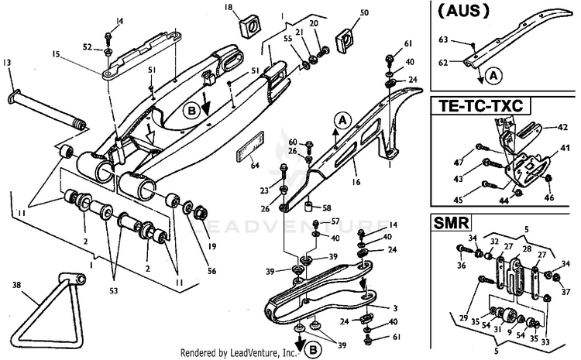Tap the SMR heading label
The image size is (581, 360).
[x=449, y=224]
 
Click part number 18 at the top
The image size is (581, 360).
[x=207, y=8]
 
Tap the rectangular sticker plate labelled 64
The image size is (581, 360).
[x=249, y=147]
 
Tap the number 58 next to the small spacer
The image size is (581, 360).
[x=325, y=208]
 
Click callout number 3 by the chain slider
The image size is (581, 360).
[x=394, y=309]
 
